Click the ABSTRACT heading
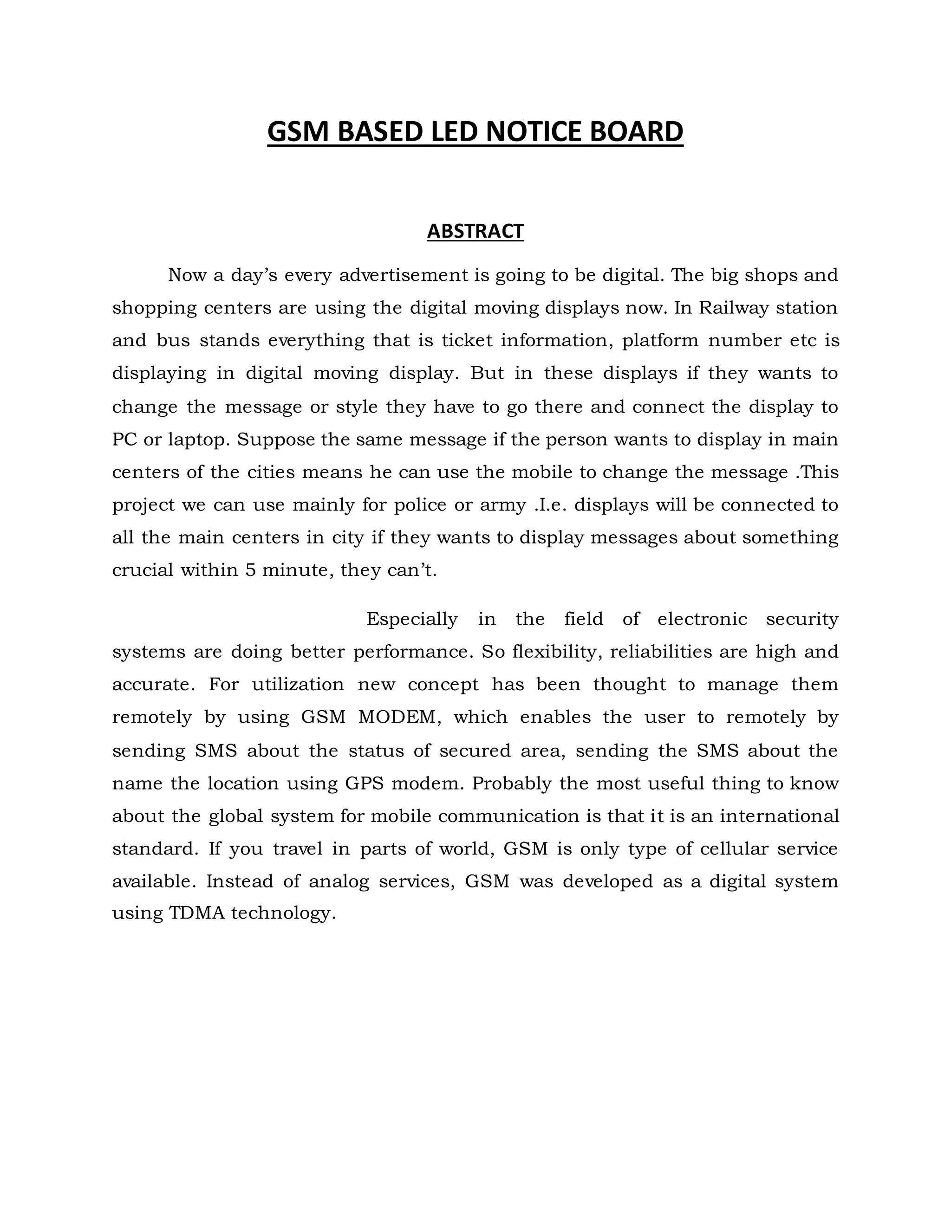[x=475, y=231]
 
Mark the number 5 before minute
[x=250, y=570]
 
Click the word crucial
[x=143, y=570]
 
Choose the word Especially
[x=412, y=619]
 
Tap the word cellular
[x=734, y=848]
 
